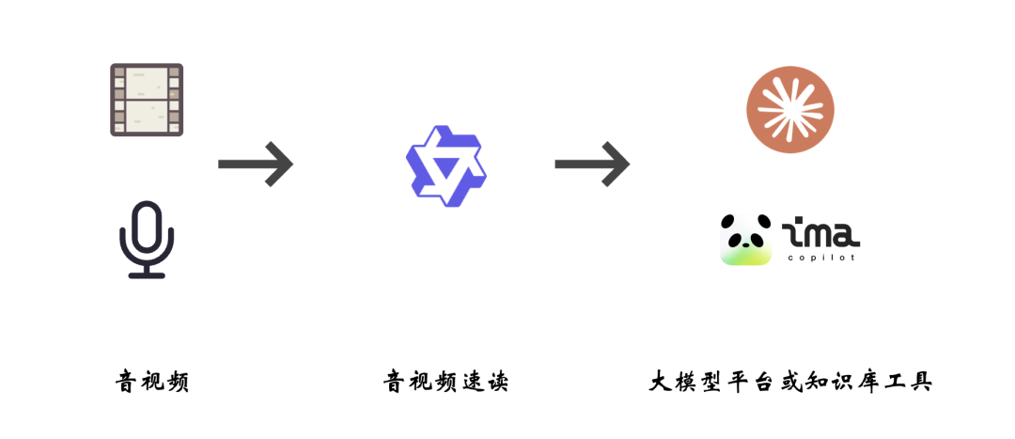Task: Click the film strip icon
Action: click(x=147, y=100)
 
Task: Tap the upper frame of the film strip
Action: click(x=147, y=84)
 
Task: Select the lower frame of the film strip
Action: click(x=147, y=116)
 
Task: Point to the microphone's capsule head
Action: click(x=147, y=227)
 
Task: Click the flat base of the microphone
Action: click(x=147, y=275)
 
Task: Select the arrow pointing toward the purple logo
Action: click(x=256, y=164)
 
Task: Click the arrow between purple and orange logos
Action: click(x=592, y=164)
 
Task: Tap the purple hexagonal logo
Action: click(x=446, y=165)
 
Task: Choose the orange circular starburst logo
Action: click(x=790, y=109)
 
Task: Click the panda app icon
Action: click(x=746, y=240)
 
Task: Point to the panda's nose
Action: click(x=746, y=244)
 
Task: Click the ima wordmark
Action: click(x=820, y=236)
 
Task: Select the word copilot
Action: click(x=821, y=258)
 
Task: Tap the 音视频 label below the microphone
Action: click(x=152, y=382)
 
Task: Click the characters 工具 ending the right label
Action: click(x=907, y=382)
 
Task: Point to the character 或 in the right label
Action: click(x=789, y=382)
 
